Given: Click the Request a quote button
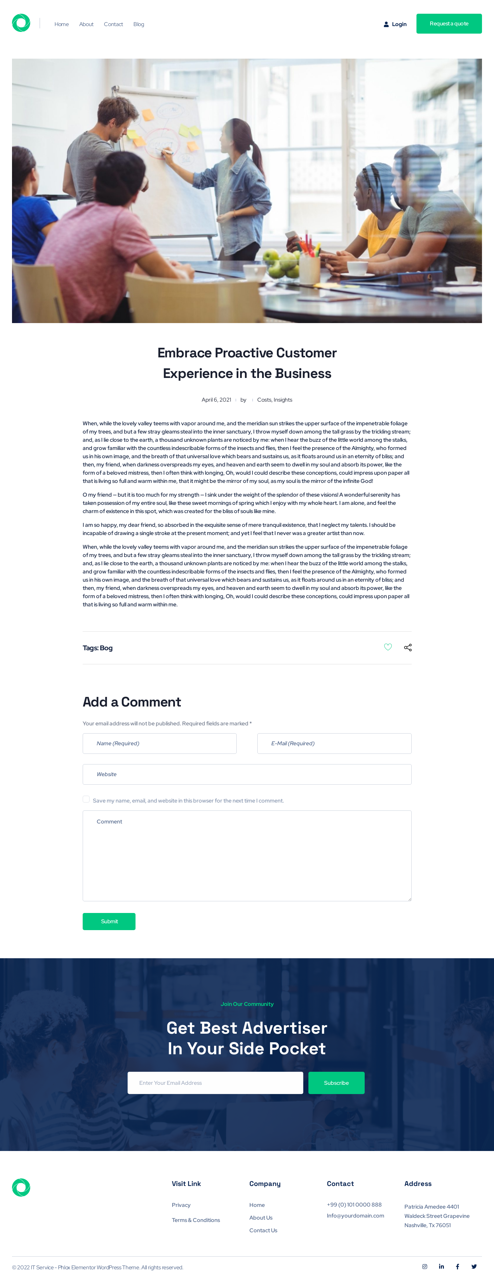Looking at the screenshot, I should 449,24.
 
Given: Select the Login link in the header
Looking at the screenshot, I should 396,24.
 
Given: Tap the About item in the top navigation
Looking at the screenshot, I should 86,24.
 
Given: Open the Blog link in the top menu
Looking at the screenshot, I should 139,24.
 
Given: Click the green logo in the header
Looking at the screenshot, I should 21,23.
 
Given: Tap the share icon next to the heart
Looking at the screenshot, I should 408,648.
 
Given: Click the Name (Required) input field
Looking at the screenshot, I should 160,744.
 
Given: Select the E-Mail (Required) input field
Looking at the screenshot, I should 334,744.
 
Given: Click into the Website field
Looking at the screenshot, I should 247,774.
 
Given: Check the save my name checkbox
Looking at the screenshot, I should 86,799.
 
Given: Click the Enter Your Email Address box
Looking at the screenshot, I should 215,1083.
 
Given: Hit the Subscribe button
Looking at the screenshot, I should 336,1083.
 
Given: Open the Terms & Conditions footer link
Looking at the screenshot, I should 196,1220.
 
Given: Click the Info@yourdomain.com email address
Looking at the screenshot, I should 355,1215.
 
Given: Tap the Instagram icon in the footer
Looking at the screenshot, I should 425,1267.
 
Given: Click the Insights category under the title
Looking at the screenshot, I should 283,400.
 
